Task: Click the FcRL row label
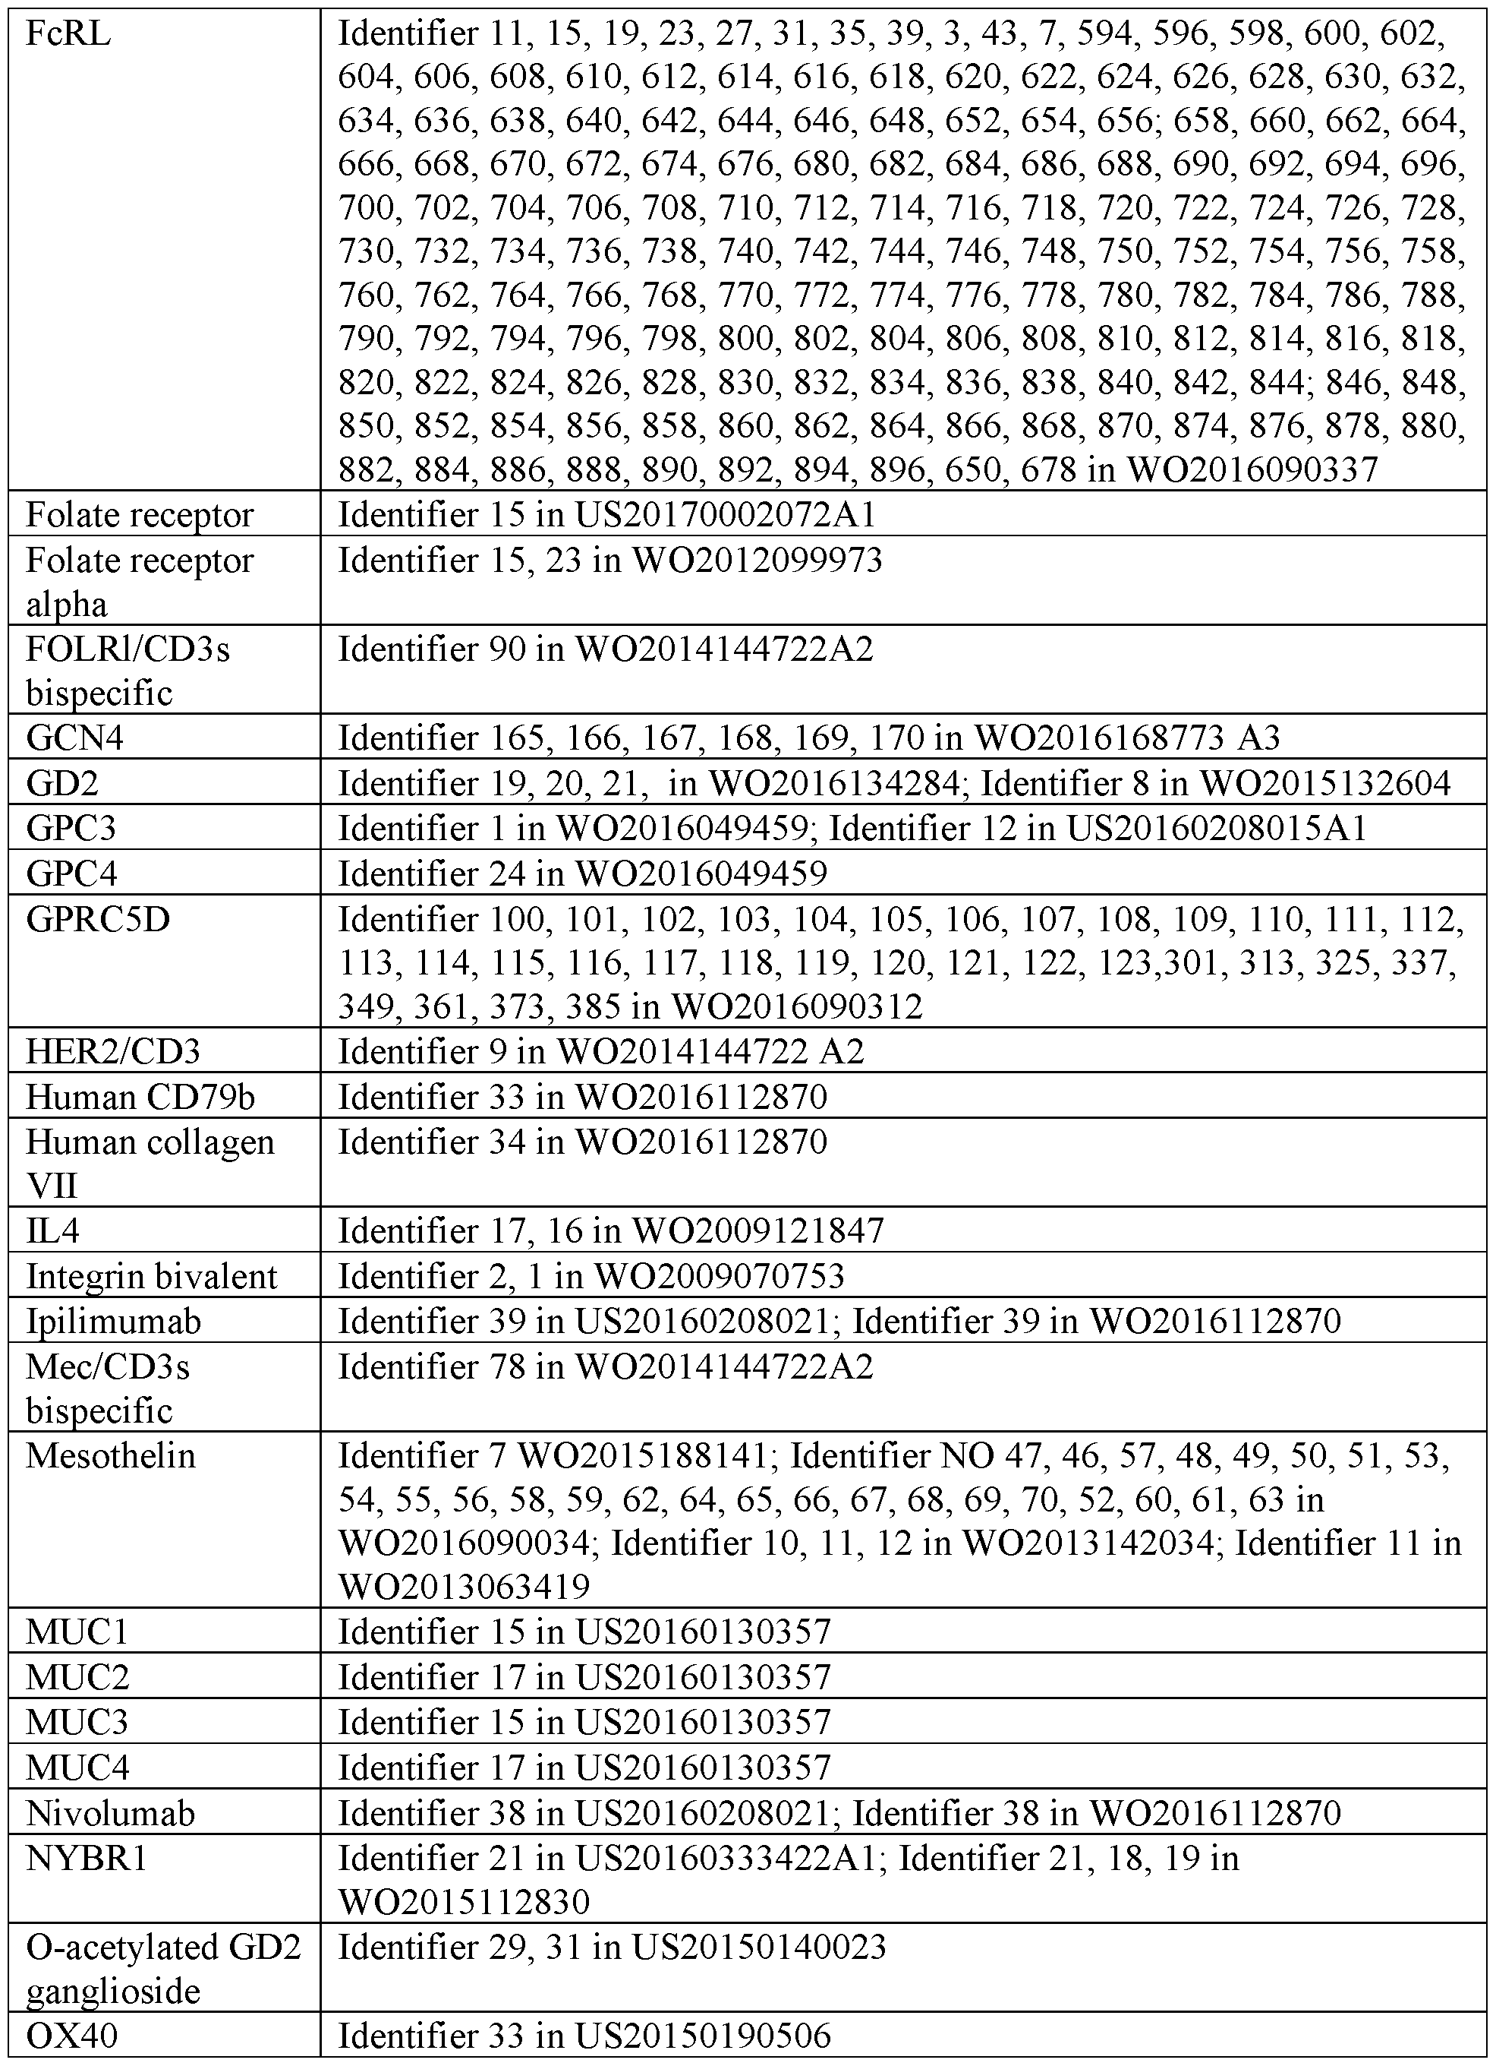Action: [x=68, y=35]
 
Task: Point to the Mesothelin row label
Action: [x=111, y=1455]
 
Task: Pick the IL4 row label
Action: [x=53, y=1231]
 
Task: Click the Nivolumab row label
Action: [x=111, y=1814]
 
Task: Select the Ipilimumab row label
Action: [x=114, y=1322]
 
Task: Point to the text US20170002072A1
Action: [x=724, y=516]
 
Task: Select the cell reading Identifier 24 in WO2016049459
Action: [x=583, y=874]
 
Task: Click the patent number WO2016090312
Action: [x=797, y=1006]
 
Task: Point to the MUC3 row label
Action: [x=77, y=1723]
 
